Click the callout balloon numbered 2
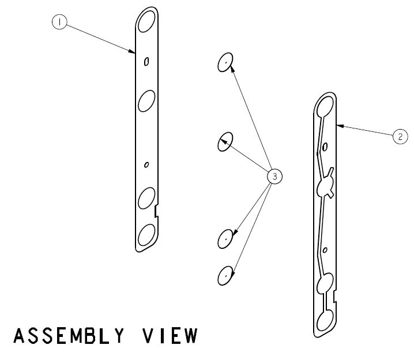pyautogui.click(x=400, y=137)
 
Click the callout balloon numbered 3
pyautogui.click(x=275, y=177)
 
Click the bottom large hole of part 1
pyautogui.click(x=146, y=236)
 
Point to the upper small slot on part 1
pyautogui.click(x=146, y=62)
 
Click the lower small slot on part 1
pyautogui.click(x=146, y=165)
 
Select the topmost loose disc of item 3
pyautogui.click(x=225, y=62)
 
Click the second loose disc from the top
pyautogui.click(x=225, y=141)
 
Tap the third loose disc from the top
pyautogui.click(x=225, y=238)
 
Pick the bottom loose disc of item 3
pyautogui.click(x=225, y=276)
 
